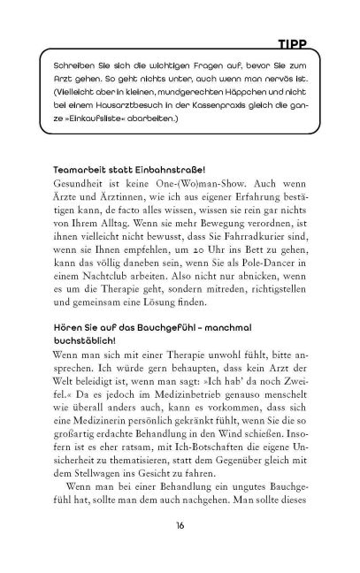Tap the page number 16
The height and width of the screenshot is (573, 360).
pyautogui.click(x=180, y=551)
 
